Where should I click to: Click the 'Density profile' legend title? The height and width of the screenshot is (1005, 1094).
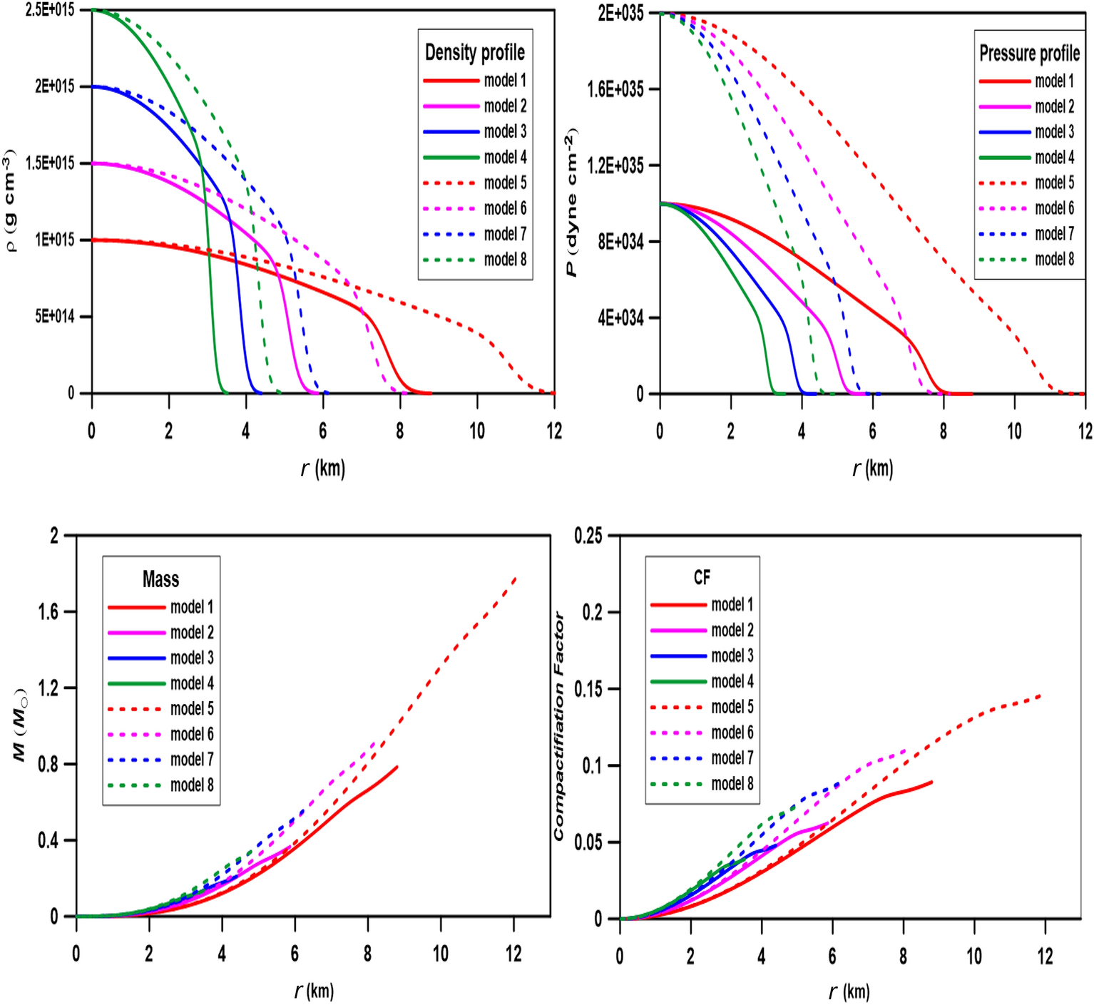coord(475,52)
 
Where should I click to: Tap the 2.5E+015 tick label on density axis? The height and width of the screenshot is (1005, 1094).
coord(50,10)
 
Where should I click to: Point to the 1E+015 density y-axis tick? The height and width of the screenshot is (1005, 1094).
coord(55,240)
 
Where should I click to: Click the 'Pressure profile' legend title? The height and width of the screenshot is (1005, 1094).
coord(1029,53)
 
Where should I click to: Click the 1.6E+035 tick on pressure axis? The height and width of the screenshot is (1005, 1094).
coord(615,89)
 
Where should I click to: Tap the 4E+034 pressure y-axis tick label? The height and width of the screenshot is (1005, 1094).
coord(620,317)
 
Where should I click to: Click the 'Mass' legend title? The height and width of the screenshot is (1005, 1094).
coord(160,579)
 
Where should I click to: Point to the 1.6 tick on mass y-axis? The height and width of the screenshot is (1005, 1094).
coord(48,611)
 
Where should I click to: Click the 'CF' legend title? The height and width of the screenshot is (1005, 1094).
coord(702,577)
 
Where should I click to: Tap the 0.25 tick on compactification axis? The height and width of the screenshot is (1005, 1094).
coord(588,535)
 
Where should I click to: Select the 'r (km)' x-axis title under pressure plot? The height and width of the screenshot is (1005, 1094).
coord(872,468)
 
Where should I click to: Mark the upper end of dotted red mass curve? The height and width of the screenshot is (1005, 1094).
coord(515,578)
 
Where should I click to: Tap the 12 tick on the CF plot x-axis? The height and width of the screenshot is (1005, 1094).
coord(1045,956)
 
